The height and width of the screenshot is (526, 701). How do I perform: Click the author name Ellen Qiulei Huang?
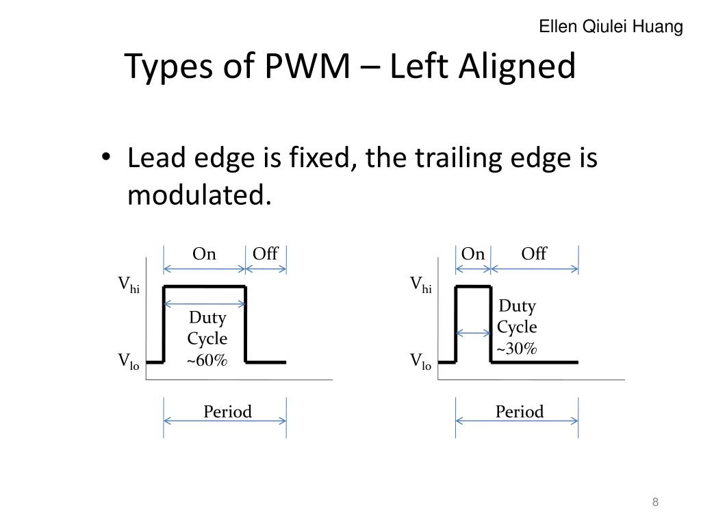[611, 27]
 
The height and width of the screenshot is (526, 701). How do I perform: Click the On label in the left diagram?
[204, 254]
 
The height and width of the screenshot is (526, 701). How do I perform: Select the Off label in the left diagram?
[265, 254]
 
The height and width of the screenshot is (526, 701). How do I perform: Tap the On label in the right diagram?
[472, 254]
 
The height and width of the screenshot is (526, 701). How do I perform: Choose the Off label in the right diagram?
[534, 254]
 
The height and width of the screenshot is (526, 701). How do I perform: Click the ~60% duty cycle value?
[207, 360]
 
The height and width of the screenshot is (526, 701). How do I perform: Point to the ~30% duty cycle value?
[517, 349]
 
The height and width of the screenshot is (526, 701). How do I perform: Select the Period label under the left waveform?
[227, 412]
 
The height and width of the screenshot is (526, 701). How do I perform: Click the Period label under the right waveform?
[520, 412]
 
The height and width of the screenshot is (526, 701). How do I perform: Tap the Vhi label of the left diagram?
[129, 284]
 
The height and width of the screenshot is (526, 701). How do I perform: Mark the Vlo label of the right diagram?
[420, 362]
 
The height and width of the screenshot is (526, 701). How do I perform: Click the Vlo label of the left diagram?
[129, 362]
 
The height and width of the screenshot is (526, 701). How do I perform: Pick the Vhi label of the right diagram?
[420, 284]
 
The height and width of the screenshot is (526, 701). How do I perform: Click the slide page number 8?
[655, 503]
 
